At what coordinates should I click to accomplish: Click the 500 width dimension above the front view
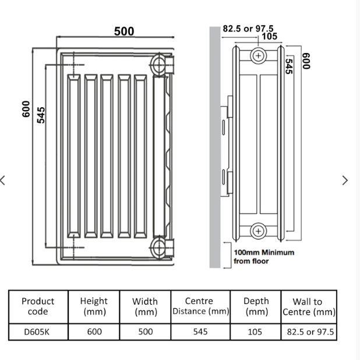(x=123, y=31)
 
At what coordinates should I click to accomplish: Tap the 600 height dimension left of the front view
(x=26, y=109)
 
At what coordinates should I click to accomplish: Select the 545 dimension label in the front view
(x=41, y=115)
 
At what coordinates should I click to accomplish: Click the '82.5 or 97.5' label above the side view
(x=248, y=29)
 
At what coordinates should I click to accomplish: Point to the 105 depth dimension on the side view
(x=269, y=37)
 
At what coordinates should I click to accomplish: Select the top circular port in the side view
(x=258, y=56)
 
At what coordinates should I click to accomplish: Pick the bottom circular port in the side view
(x=258, y=231)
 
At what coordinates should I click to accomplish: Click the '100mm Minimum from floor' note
(x=263, y=257)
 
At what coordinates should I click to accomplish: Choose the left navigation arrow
(x=3, y=180)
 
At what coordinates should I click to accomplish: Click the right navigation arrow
(x=345, y=180)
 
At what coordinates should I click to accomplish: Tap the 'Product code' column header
(x=38, y=306)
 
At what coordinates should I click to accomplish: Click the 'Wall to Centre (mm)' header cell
(x=309, y=306)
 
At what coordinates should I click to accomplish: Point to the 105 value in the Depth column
(x=256, y=331)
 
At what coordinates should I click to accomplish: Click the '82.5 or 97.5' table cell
(x=310, y=331)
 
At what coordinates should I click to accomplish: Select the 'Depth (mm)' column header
(x=256, y=306)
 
